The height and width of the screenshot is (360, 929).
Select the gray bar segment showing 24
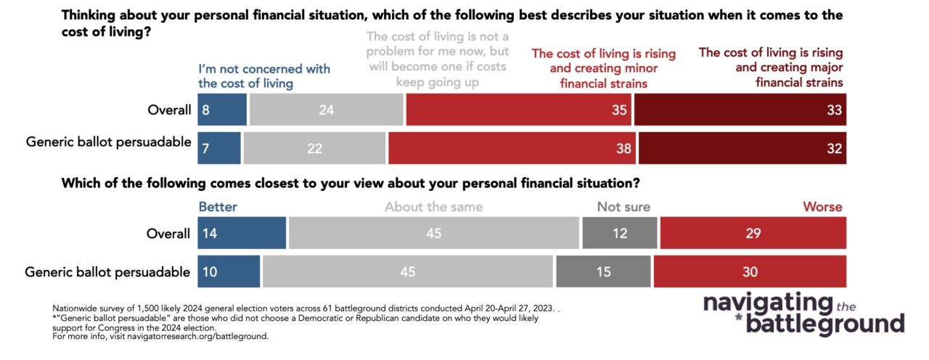[x=326, y=110]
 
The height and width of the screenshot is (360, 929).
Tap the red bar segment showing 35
[x=518, y=110]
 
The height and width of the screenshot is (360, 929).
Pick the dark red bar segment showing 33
[x=740, y=110]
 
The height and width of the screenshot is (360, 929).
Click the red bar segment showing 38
[x=512, y=147]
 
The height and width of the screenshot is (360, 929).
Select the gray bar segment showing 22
[x=314, y=147]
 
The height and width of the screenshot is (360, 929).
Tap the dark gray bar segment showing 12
[x=619, y=234]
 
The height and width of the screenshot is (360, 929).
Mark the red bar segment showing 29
[x=753, y=234]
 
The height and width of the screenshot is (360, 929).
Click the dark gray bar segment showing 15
[x=602, y=271]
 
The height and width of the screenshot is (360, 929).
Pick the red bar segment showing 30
[x=750, y=271]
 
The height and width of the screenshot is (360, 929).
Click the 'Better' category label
[x=218, y=207]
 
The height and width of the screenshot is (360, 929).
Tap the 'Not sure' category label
[x=623, y=207]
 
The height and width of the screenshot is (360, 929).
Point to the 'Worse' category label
[x=822, y=207]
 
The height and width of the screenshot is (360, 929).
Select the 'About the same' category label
[x=433, y=207]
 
